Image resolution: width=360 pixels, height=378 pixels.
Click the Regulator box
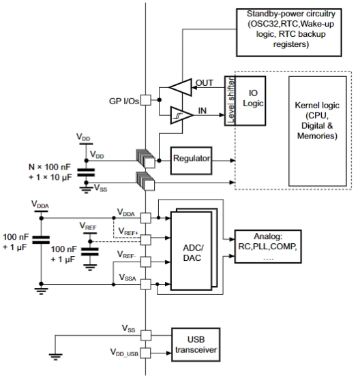191,161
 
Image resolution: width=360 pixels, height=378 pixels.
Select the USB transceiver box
196,345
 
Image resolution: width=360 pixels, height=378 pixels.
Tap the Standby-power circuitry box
289,33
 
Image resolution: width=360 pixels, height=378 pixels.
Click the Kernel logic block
318,131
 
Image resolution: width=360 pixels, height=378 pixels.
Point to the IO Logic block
250,101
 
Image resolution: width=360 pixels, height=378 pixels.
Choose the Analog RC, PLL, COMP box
268,247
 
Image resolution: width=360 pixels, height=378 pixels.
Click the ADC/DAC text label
192,253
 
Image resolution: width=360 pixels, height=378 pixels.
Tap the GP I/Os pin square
146,100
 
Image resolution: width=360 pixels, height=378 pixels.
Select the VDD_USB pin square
146,353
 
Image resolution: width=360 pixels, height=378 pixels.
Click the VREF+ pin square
146,240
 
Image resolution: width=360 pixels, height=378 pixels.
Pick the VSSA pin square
146,285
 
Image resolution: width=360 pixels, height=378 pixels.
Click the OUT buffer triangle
180,87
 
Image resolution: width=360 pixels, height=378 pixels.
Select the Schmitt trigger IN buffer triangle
181,115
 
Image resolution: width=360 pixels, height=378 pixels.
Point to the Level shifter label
231,101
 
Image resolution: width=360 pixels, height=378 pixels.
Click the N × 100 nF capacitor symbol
86,173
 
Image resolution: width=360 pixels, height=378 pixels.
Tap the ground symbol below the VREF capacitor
90,268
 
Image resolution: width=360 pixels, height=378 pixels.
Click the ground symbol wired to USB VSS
55,357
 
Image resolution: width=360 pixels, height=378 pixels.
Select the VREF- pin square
146,262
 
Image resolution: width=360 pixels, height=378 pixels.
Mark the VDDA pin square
146,218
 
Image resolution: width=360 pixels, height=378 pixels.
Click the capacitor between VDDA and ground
41,240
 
